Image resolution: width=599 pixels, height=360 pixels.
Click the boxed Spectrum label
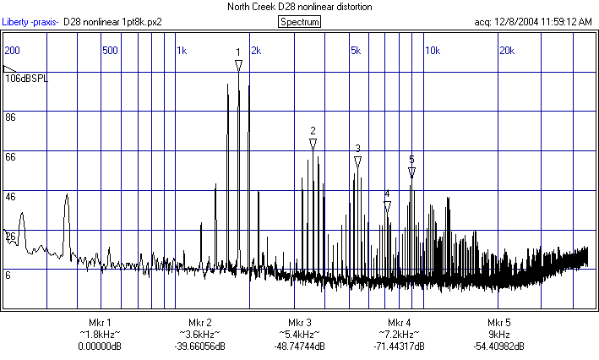(x=300, y=22)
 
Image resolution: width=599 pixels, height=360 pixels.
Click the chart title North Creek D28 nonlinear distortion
(x=299, y=7)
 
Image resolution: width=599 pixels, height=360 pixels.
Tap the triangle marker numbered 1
(x=238, y=65)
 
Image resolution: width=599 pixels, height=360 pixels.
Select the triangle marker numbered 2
(x=313, y=145)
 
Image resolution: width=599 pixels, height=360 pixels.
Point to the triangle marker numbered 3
(x=357, y=161)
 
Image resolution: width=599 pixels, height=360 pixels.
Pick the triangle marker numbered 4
(x=387, y=206)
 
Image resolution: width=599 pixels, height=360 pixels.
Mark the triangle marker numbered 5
(x=411, y=172)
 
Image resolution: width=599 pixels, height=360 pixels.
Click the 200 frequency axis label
(x=12, y=51)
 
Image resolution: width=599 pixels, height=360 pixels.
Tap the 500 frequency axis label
(x=110, y=51)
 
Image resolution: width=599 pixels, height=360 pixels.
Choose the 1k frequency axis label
(x=182, y=51)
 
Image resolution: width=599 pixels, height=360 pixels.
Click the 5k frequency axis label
(x=355, y=51)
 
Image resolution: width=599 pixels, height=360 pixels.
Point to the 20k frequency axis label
(x=507, y=51)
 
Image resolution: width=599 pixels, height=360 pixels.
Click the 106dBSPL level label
(x=27, y=79)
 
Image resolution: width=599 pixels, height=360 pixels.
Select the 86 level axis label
(x=11, y=117)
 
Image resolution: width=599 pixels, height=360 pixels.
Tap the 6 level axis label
(x=8, y=275)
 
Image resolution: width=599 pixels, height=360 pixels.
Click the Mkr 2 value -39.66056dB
(x=199, y=346)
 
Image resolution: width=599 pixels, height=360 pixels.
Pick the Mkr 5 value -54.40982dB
(x=498, y=346)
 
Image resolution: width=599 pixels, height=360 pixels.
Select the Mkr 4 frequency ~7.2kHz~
(x=399, y=335)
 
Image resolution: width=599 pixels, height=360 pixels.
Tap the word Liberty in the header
(x=15, y=22)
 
